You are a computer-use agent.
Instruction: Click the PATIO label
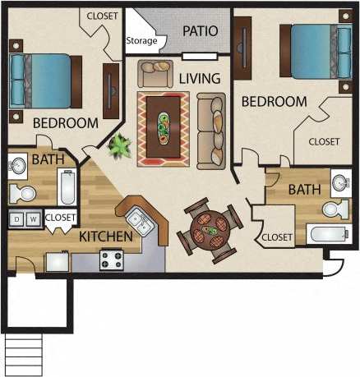201,31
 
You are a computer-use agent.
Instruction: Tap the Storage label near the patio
141,41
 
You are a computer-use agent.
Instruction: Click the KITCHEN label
106,237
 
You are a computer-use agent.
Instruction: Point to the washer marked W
33,219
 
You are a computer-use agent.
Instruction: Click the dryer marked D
16,219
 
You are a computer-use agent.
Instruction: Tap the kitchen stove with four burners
111,260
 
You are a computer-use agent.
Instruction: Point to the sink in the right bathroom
339,182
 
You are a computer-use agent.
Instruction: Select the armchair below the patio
154,74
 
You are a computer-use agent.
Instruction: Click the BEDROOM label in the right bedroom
274,102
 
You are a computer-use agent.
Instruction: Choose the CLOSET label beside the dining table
276,237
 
